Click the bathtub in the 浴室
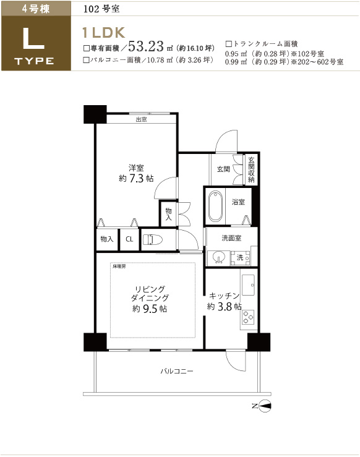pyautogui.click(x=215, y=206)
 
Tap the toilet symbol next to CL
pyautogui.click(x=152, y=239)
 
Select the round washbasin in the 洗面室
pyautogui.click(x=218, y=258)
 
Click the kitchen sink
pyautogui.click(x=248, y=284)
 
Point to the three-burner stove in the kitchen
pyautogui.click(x=249, y=317)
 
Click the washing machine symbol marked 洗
pyautogui.click(x=240, y=258)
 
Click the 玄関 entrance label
pyautogui.click(x=223, y=169)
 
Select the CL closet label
pyautogui.click(x=129, y=239)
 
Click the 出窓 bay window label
pyautogui.click(x=142, y=119)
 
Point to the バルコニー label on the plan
pyautogui.click(x=177, y=371)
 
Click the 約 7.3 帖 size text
pyautogui.click(x=136, y=178)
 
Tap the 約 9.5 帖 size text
pyautogui.click(x=150, y=309)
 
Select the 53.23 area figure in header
pyautogui.click(x=146, y=46)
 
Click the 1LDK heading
pyautogui.click(x=104, y=33)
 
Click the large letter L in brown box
pyautogui.click(x=33, y=38)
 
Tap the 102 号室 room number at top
pyautogui.click(x=101, y=9)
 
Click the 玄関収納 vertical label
pyautogui.click(x=251, y=169)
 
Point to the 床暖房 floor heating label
pyautogui.click(x=119, y=267)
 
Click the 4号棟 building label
pyautogui.click(x=36, y=9)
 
